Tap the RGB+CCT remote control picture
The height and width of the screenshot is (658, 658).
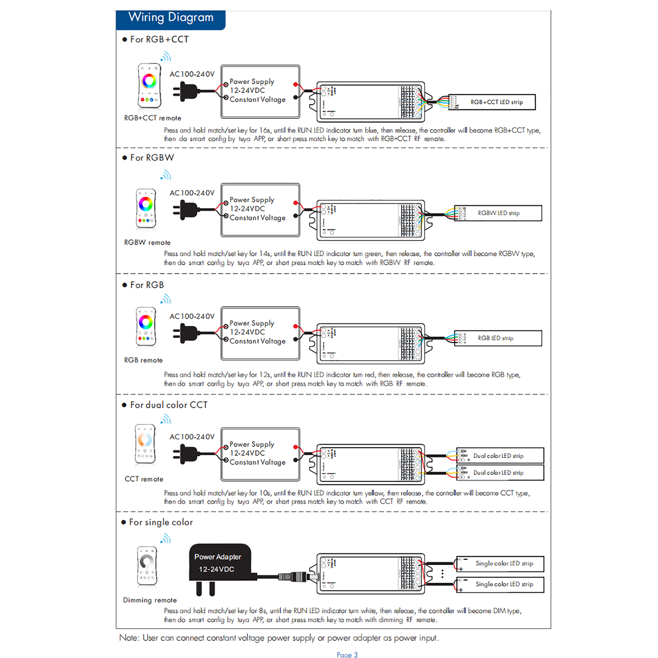click(x=149, y=86)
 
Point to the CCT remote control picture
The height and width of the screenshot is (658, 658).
click(x=145, y=444)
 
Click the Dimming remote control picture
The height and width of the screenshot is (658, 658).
click(x=147, y=565)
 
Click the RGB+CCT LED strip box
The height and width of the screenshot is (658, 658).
click(x=492, y=102)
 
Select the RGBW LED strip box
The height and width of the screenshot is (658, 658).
click(x=498, y=213)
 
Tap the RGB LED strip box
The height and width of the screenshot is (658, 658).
click(x=498, y=338)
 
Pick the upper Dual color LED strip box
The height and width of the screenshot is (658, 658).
click(x=500, y=456)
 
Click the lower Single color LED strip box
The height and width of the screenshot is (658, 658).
click(x=500, y=584)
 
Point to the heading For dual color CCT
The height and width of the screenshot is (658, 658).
click(x=169, y=405)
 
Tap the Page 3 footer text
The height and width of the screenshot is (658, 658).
click(x=347, y=654)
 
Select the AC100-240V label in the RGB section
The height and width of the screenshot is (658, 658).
click(x=192, y=316)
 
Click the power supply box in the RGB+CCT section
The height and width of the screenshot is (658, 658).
click(x=260, y=91)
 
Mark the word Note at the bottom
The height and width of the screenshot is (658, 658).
click(x=129, y=638)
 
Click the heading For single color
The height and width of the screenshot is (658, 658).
click(x=161, y=522)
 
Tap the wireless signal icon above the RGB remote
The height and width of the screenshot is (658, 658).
click(x=166, y=299)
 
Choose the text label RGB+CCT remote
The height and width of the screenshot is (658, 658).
click(x=153, y=118)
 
